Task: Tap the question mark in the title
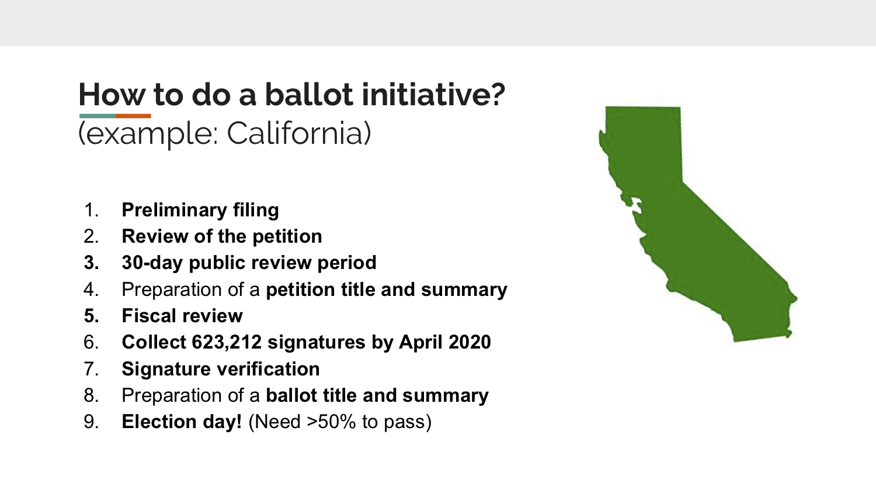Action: click(x=496, y=94)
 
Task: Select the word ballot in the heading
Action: click(x=308, y=94)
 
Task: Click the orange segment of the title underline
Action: click(x=133, y=116)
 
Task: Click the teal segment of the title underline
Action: click(x=98, y=116)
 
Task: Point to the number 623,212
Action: click(x=227, y=342)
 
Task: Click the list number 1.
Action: click(x=91, y=210)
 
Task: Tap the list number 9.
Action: click(x=91, y=422)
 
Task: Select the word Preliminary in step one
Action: click(x=175, y=211)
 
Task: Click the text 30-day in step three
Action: click(x=152, y=263)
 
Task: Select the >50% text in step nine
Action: click(x=332, y=422)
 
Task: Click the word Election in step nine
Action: click(x=159, y=422)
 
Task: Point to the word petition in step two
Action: click(x=287, y=237)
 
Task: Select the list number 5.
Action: click(x=91, y=316)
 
